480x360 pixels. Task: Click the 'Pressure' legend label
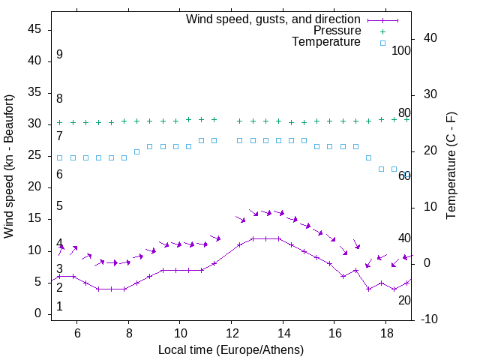click(337, 31)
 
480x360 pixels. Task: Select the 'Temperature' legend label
click(326, 42)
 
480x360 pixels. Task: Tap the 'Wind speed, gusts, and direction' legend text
click(274, 19)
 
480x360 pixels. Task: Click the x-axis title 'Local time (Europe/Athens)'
click(231, 350)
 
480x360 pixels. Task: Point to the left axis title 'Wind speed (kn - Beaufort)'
click(9, 166)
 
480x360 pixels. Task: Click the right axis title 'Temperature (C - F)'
click(451, 166)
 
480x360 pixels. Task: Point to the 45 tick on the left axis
click(34, 29)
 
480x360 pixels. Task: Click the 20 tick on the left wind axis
click(34, 187)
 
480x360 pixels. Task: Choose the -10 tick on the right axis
click(430, 319)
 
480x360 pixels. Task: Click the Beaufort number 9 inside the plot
click(59, 55)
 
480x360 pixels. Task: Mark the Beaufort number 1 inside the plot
click(59, 307)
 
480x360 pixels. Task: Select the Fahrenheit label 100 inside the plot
click(402, 50)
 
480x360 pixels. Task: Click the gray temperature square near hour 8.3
click(136, 151)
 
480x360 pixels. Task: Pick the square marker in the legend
click(382, 43)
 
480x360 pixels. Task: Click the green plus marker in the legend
click(382, 31)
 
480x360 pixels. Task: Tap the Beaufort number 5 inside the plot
click(59, 206)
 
